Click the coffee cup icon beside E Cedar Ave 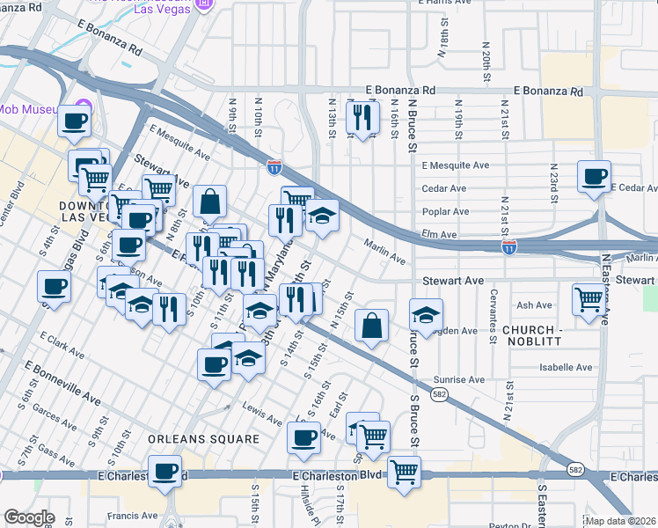coord(595,175)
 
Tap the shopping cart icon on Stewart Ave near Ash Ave coord(588,297)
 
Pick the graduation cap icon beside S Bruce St coord(426,314)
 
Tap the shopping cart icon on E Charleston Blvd coord(404,471)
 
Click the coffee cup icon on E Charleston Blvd coord(164,471)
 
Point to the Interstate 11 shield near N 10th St coord(274,165)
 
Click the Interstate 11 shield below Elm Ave coord(508,248)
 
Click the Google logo coord(29,517)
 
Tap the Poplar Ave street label coord(445,211)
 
